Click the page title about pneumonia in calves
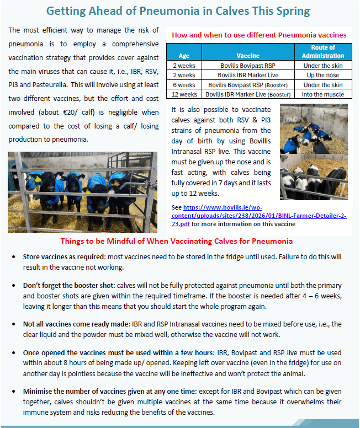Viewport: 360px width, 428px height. click(178, 11)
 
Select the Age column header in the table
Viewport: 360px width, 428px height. click(183, 56)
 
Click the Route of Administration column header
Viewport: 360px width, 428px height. click(323, 52)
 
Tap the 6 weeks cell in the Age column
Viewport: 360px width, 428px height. click(183, 85)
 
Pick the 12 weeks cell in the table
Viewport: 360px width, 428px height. click(183, 94)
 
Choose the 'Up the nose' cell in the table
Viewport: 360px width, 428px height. click(323, 75)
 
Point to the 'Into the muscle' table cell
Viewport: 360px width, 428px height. click(323, 94)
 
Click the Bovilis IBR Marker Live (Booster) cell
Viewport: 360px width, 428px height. click(248, 94)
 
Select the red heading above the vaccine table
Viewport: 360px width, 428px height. click(259, 35)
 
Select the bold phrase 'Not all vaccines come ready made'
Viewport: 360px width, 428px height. click(69, 324)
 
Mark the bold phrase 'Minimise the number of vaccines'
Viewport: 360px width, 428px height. click(83, 391)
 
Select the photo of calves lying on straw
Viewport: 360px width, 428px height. click(314, 152)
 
